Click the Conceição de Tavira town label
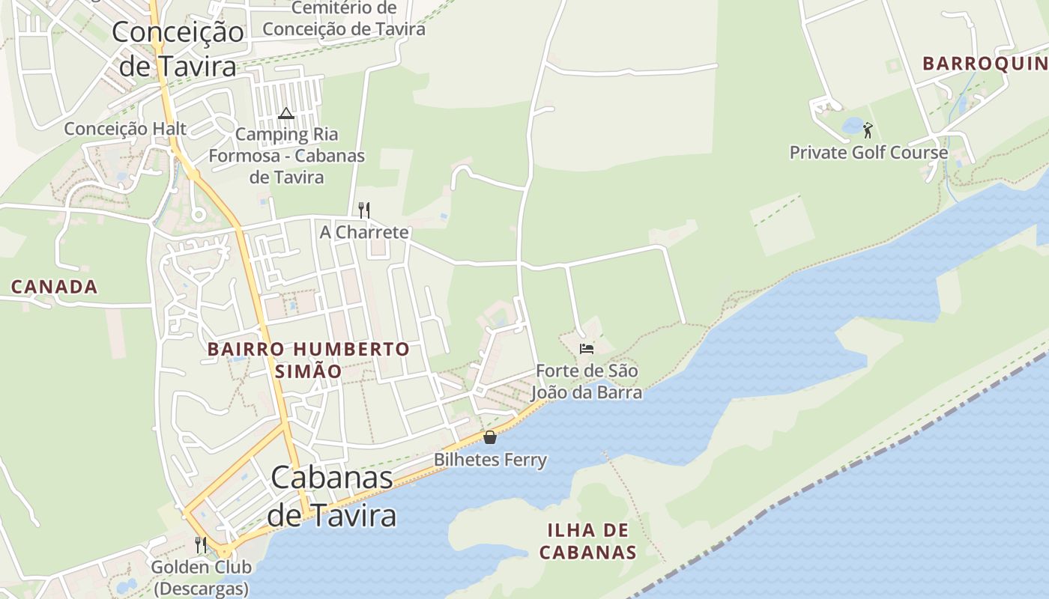click(x=178, y=49)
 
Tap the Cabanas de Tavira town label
click(x=332, y=496)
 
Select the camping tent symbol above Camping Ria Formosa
click(x=285, y=114)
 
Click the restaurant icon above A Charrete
click(x=364, y=210)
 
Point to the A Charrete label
click(x=364, y=232)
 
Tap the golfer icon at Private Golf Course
click(x=868, y=130)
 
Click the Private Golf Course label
click(x=868, y=153)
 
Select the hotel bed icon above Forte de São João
click(x=587, y=349)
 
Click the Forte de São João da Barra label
click(x=587, y=381)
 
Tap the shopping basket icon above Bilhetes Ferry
click(x=490, y=437)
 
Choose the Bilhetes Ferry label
click(x=490, y=460)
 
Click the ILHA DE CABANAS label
click(x=587, y=541)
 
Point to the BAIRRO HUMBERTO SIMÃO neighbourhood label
click(x=308, y=359)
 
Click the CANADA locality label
click(x=54, y=287)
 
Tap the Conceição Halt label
click(x=125, y=129)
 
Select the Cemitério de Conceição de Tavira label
click(x=344, y=19)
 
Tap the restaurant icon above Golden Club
click(x=200, y=544)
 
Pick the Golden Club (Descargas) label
click(x=200, y=577)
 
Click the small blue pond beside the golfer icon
click(x=853, y=126)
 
